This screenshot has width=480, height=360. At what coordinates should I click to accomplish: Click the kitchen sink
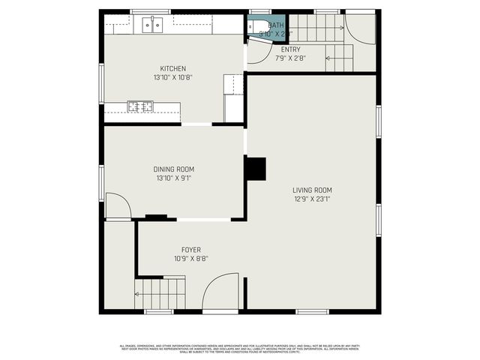pyautogui.click(x=152, y=25)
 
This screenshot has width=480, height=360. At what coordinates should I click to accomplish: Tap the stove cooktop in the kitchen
pyautogui.click(x=139, y=106)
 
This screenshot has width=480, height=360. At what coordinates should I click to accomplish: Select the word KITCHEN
pyautogui.click(x=172, y=69)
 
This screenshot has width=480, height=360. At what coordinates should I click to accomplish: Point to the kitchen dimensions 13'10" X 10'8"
pyautogui.click(x=172, y=77)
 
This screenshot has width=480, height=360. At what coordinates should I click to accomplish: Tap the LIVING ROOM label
pyautogui.click(x=313, y=190)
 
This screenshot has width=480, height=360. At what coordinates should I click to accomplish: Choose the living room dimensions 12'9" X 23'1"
pyautogui.click(x=313, y=199)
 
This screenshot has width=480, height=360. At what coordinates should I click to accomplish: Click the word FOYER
pyautogui.click(x=191, y=250)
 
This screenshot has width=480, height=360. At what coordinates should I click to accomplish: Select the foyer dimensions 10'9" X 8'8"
pyautogui.click(x=191, y=259)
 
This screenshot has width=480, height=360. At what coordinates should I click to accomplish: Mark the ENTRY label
pyautogui.click(x=291, y=49)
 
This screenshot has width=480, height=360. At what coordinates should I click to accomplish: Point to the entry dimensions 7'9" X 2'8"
pyautogui.click(x=291, y=58)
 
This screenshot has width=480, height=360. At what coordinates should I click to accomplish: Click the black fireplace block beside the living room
pyautogui.click(x=256, y=169)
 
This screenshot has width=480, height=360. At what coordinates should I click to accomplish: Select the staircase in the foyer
pyautogui.click(x=160, y=292)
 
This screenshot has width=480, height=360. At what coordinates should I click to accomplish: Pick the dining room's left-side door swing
pyautogui.click(x=116, y=206)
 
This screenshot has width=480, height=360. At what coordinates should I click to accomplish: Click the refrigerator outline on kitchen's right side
pyautogui.click(x=233, y=98)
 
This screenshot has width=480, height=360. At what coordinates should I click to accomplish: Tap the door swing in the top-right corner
pyautogui.click(x=361, y=28)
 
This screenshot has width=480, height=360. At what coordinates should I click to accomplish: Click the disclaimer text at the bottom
pyautogui.click(x=240, y=348)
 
